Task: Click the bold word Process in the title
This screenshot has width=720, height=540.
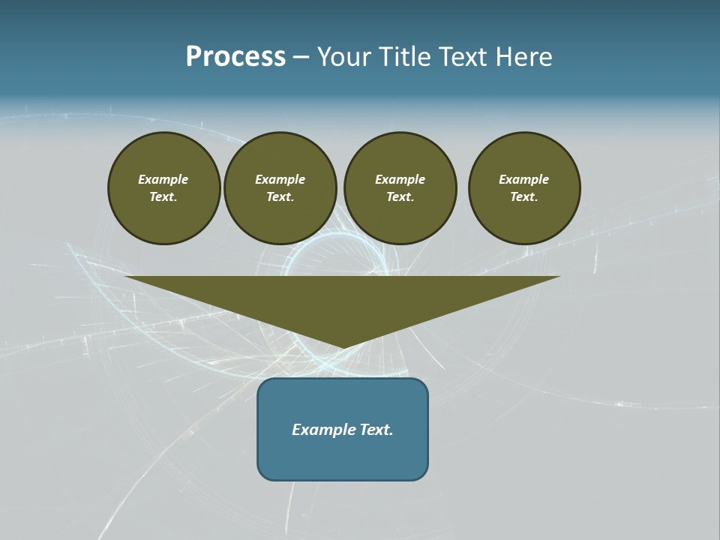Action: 235,57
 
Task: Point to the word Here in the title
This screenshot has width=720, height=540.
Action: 525,57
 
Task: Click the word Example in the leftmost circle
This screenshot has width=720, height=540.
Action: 163,179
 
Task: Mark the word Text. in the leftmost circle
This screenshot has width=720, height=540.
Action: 163,197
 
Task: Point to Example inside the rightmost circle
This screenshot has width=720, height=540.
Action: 524,179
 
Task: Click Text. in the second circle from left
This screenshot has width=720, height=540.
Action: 280,197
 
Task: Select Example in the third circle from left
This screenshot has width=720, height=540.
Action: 400,179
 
